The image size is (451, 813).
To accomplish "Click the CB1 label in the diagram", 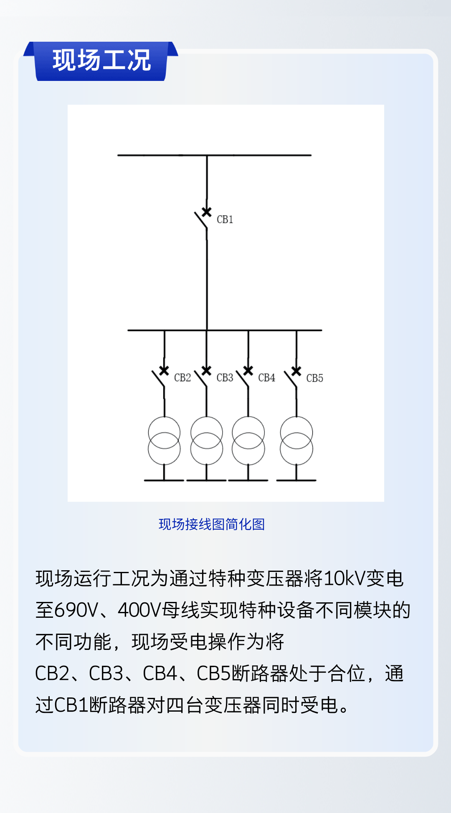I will click(x=225, y=219).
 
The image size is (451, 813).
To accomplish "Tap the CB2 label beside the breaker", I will click(x=182, y=378).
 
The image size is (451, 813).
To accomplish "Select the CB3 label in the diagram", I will click(x=225, y=378).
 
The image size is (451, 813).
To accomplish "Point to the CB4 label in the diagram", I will click(x=266, y=378).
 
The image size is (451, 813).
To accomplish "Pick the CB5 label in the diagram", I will click(x=314, y=378).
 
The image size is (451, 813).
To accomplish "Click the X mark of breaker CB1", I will click(x=206, y=212).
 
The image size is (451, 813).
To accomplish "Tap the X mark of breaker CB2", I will click(x=164, y=370).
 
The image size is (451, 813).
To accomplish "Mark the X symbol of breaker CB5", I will click(x=296, y=371).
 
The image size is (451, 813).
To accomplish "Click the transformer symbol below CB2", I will click(x=164, y=440).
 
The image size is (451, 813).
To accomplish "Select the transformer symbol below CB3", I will click(x=206, y=440).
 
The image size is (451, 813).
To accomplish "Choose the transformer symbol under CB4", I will click(x=248, y=440).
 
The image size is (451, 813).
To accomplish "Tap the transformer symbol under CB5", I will click(x=296, y=440).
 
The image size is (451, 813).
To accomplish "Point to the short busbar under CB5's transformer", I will click(x=296, y=481).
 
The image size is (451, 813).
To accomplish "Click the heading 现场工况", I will click(x=101, y=60).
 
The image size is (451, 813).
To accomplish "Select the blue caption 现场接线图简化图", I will click(x=212, y=524).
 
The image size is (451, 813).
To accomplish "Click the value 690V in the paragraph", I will click(x=76, y=610).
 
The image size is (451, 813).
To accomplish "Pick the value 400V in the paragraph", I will click(x=139, y=610).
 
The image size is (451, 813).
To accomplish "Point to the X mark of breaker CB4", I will click(x=248, y=370).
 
